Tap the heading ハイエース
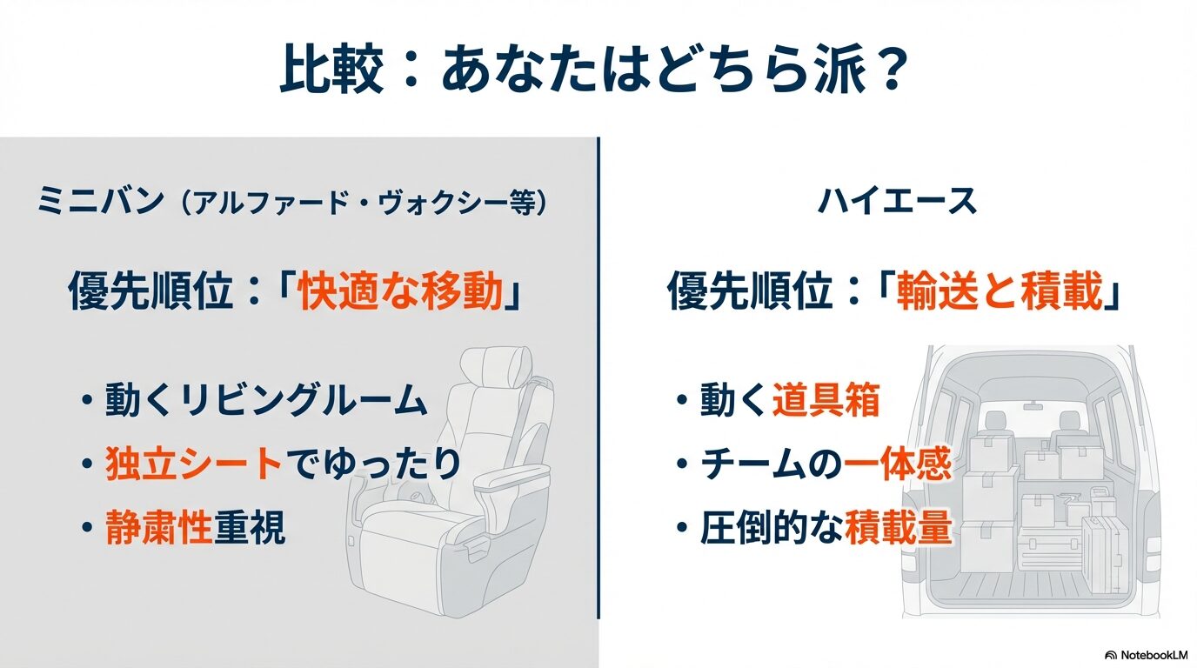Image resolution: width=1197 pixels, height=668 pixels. coord(897,202)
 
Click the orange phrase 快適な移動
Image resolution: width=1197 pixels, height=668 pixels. coord(401,293)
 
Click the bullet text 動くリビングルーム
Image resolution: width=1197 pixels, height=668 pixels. coord(265,400)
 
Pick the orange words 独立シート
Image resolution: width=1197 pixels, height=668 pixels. coord(194,464)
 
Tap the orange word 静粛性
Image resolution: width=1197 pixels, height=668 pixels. coord(159,528)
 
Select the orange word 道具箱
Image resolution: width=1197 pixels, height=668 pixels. coord(826,400)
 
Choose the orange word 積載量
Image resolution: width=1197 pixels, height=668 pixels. coord(899,528)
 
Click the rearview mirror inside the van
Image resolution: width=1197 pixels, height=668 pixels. coord(1033,405)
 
